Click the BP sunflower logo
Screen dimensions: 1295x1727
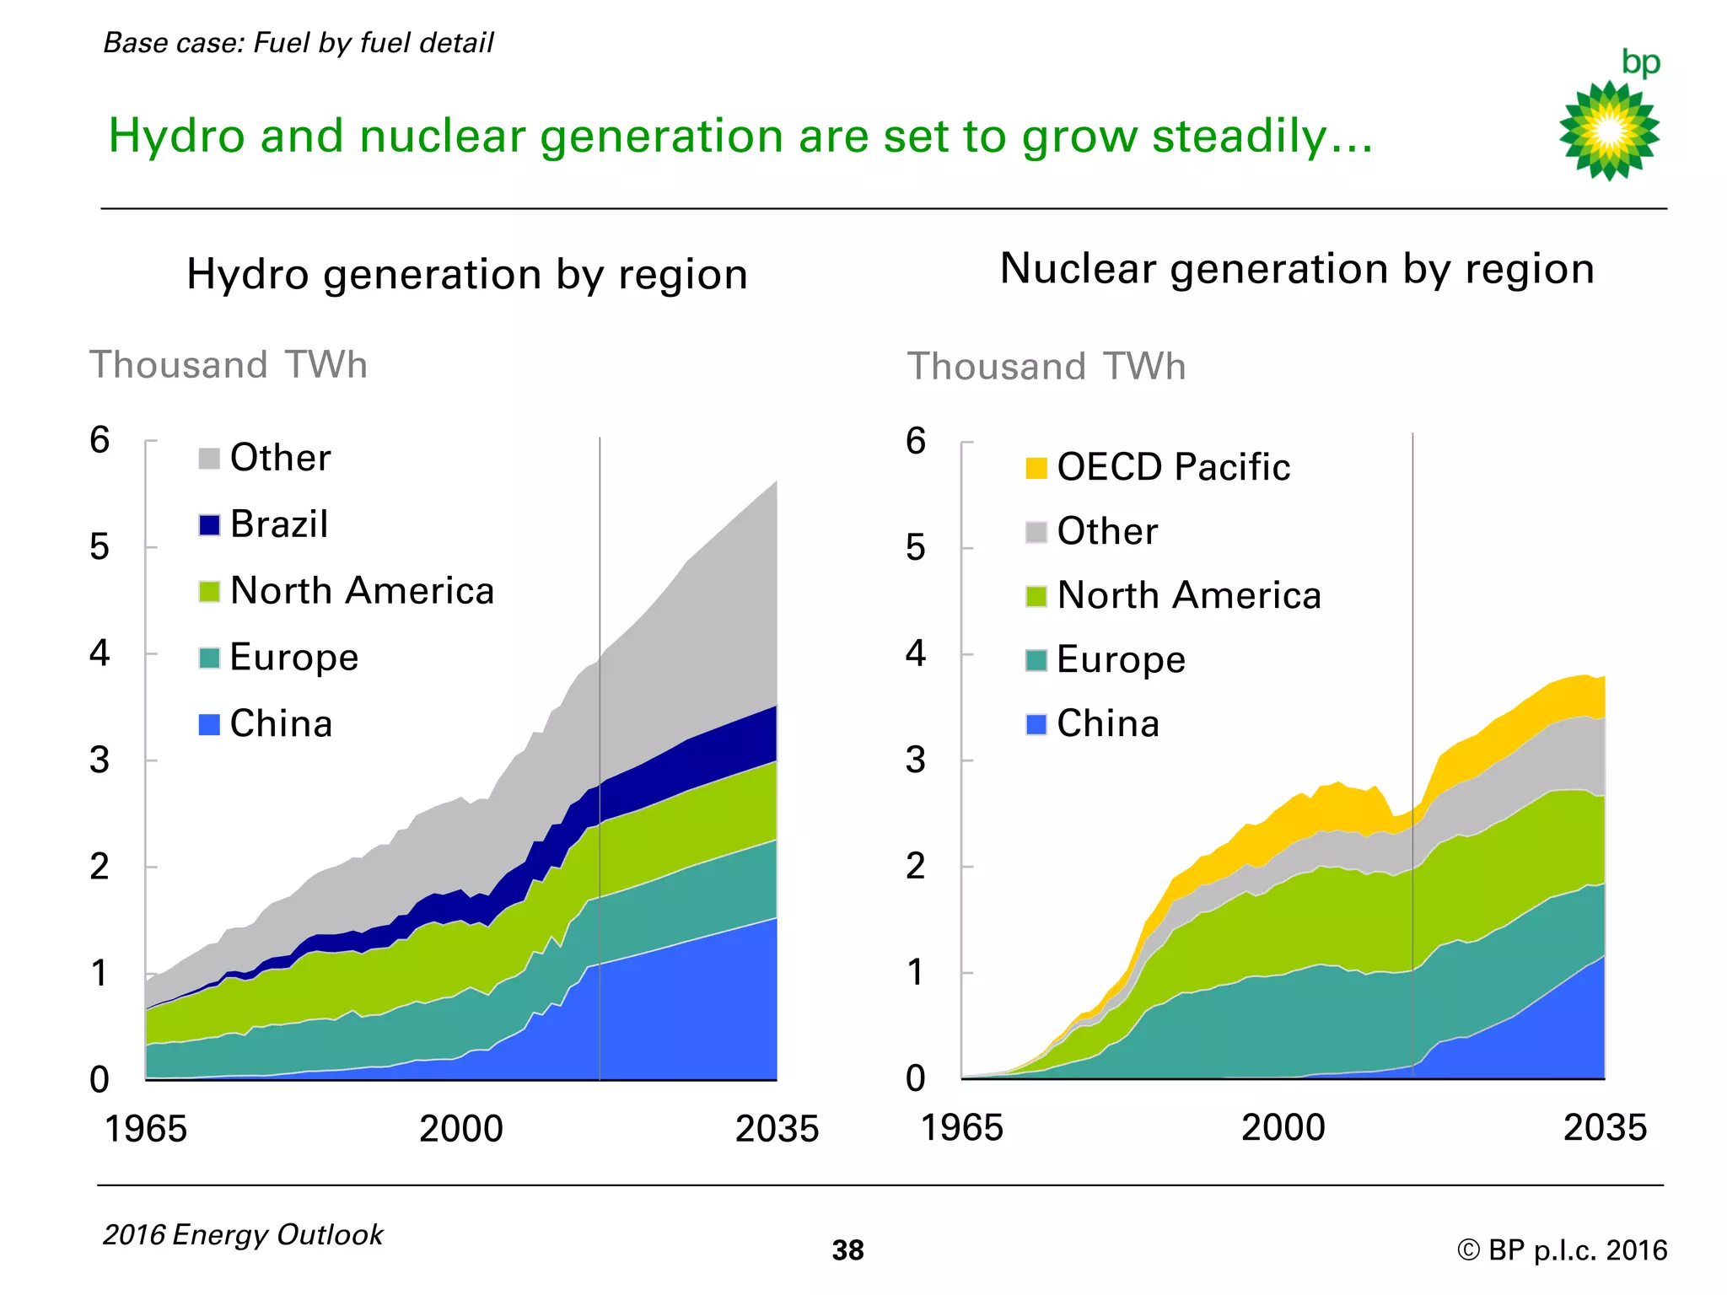[1609, 131]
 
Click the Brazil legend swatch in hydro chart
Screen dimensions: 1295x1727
[209, 524]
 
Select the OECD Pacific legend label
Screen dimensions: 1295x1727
[1173, 467]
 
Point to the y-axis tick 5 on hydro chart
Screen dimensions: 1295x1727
[100, 547]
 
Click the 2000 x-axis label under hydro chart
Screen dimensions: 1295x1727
[461, 1129]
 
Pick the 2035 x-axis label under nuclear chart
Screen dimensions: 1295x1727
[1605, 1128]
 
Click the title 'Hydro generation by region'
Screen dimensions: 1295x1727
[467, 275]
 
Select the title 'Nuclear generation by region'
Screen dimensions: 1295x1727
[1297, 269]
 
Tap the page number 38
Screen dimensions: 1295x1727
[847, 1250]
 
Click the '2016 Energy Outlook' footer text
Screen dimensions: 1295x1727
[243, 1235]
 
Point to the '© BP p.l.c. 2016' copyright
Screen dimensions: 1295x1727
[1562, 1250]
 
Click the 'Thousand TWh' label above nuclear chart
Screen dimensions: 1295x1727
[1046, 367]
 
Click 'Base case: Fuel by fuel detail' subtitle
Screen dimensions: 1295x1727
[299, 43]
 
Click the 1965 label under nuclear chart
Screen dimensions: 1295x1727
[962, 1128]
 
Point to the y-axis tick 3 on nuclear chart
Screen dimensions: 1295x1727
[916, 760]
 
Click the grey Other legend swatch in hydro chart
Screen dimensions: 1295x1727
[209, 459]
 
